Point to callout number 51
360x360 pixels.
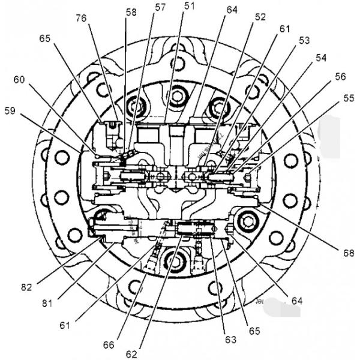(x=190, y=6)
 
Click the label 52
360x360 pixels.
(x=260, y=18)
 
